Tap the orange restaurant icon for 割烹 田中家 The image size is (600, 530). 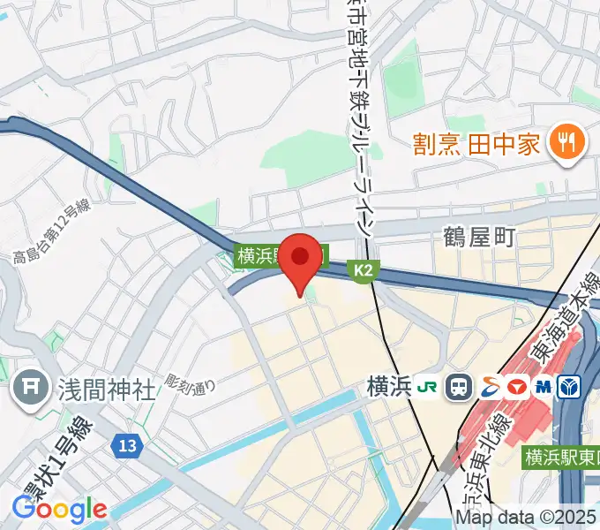(562, 142)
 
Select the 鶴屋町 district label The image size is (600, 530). (477, 237)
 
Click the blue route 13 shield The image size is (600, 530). (128, 447)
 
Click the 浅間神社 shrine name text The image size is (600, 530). (107, 388)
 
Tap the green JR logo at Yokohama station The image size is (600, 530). (428, 386)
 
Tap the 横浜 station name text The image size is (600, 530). (389, 387)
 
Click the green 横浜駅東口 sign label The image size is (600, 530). (560, 458)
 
